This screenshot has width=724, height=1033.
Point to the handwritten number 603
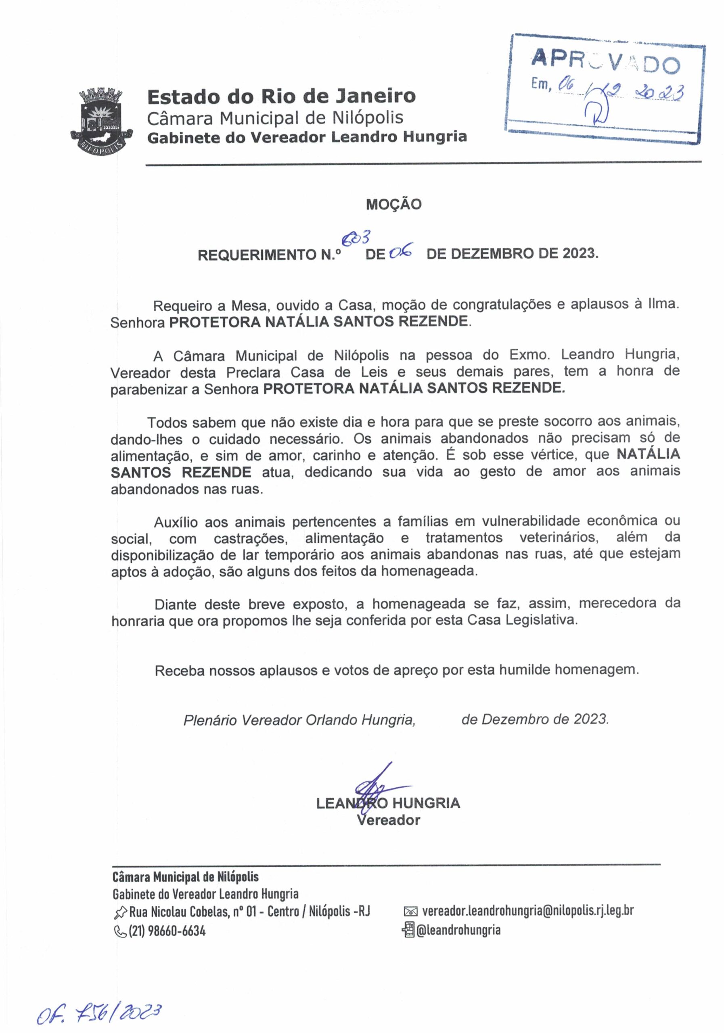(356, 238)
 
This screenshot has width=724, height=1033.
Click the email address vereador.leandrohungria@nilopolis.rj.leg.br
(528, 911)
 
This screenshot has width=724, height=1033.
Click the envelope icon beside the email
(411, 912)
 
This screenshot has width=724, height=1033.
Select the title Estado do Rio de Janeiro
(281, 96)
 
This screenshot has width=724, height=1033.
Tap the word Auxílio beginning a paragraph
(176, 522)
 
